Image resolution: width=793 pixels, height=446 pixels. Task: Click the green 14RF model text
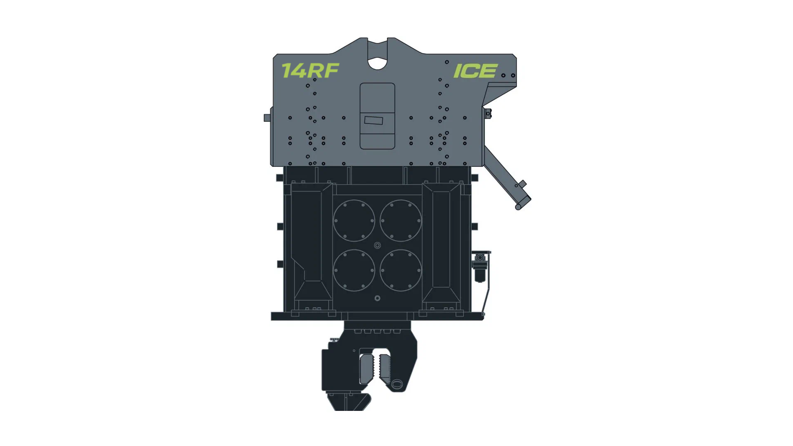tap(310, 71)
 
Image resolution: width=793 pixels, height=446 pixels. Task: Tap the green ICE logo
tap(475, 71)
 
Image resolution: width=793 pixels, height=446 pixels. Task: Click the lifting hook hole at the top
tap(377, 63)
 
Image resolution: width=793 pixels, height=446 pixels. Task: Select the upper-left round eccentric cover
tap(354, 221)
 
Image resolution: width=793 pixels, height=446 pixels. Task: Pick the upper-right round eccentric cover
tap(401, 221)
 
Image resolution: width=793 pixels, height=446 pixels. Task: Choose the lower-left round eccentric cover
tap(354, 270)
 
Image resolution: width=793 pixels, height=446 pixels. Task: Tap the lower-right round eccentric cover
tap(401, 270)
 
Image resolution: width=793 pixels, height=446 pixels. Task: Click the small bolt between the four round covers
tap(377, 245)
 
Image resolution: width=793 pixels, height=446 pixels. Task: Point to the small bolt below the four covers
tap(377, 298)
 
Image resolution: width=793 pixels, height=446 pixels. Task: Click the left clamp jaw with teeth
tap(366, 368)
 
